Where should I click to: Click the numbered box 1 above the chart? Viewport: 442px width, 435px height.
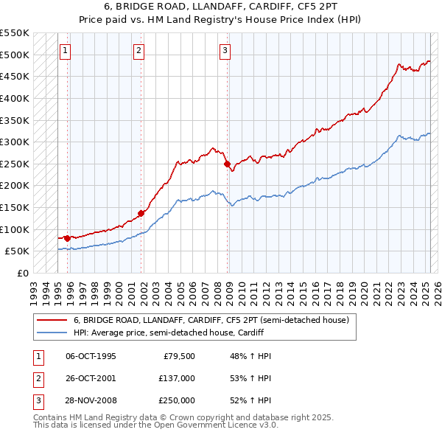coord(66,51)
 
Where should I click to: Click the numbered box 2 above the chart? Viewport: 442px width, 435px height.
coord(139,51)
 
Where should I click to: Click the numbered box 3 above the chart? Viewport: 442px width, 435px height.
coord(225,51)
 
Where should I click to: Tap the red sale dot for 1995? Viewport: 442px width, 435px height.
coord(67,238)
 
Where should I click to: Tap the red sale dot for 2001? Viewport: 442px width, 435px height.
coord(141,213)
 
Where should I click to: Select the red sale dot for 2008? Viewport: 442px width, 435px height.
coord(227,164)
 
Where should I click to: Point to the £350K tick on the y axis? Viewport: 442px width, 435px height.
coord(15,120)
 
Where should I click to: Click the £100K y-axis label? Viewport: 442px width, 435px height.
coord(15,229)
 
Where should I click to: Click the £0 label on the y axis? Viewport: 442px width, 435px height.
coord(22,273)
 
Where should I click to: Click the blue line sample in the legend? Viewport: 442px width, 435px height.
coord(52,333)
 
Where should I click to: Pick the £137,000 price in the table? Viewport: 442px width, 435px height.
coord(177,378)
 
